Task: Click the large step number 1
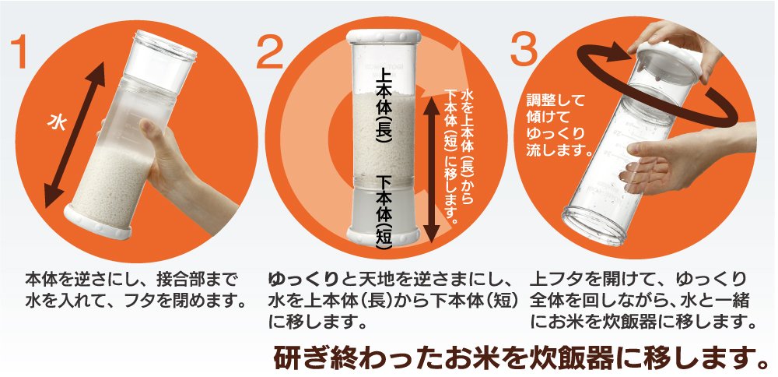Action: (22, 51)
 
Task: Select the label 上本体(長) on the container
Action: (385, 108)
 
